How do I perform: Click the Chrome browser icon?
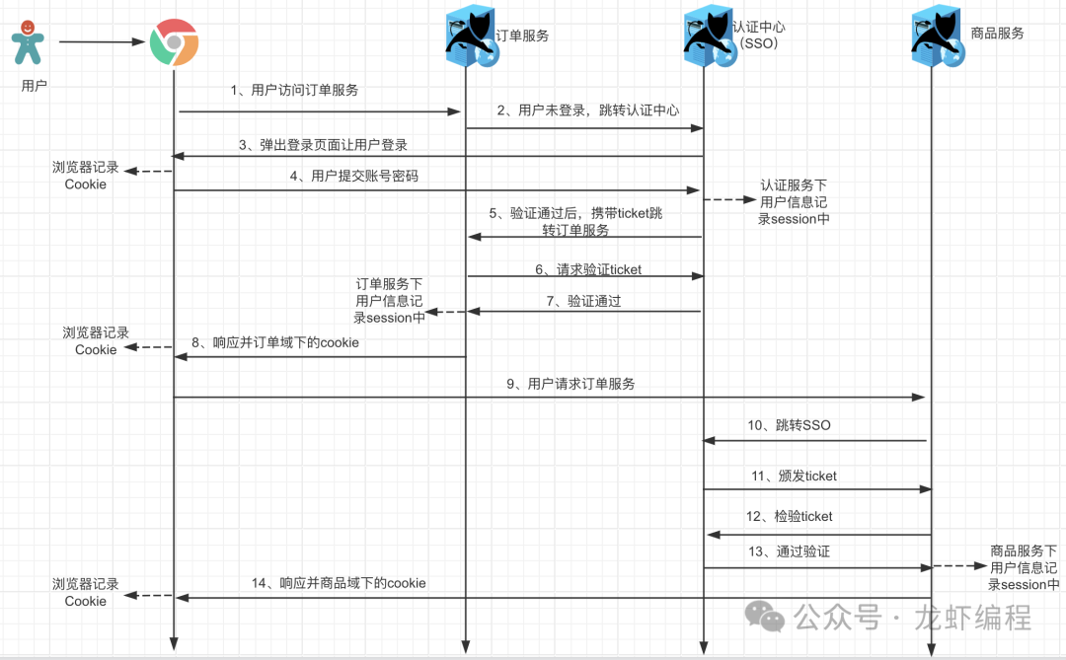pyautogui.click(x=174, y=42)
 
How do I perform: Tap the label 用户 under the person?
pyautogui.click(x=34, y=86)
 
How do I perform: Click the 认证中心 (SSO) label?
pyautogui.click(x=759, y=36)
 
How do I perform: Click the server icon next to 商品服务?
pyautogui.click(x=936, y=39)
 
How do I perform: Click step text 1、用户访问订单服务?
pyautogui.click(x=294, y=90)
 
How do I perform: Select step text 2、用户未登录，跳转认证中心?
pyautogui.click(x=587, y=110)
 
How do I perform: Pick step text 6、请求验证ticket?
pyautogui.click(x=588, y=268)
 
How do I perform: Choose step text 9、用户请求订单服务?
pyautogui.click(x=571, y=384)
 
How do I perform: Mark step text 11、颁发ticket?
pyautogui.click(x=794, y=476)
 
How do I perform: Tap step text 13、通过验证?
pyautogui.click(x=789, y=551)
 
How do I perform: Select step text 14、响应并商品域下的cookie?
pyautogui.click(x=339, y=583)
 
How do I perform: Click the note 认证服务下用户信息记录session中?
pyautogui.click(x=794, y=202)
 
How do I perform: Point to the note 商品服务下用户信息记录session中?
pyautogui.click(x=1024, y=567)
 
